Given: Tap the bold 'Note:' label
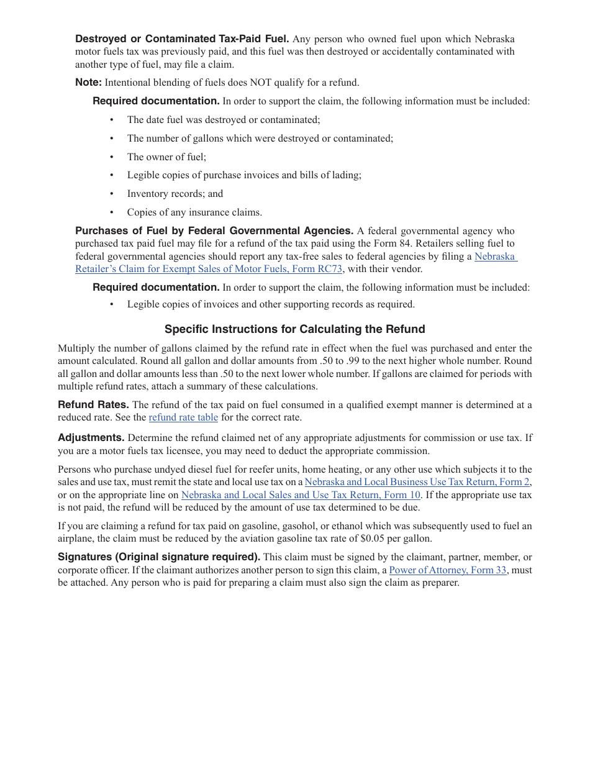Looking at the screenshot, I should click(x=88, y=83).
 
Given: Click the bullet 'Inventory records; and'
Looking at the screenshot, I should click(x=175, y=194).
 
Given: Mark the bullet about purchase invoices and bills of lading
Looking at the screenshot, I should click(x=244, y=175).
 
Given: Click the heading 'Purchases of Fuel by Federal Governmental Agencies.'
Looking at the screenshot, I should click(x=214, y=231).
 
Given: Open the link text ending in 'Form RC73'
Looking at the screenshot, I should click(x=209, y=269).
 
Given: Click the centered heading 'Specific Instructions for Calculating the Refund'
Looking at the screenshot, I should click(x=294, y=329).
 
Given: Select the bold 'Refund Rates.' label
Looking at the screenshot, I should click(x=93, y=405).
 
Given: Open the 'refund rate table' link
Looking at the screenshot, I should click(x=183, y=417).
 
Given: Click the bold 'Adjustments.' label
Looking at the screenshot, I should click(x=91, y=438).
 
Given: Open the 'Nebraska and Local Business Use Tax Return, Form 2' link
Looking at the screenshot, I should click(x=417, y=482).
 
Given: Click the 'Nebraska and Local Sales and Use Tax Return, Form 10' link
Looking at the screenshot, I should click(x=301, y=495).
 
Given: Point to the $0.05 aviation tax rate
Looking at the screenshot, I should click(x=372, y=539).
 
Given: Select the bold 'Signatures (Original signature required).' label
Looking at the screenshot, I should click(x=159, y=557).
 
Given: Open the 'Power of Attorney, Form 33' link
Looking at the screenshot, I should click(x=447, y=570).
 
